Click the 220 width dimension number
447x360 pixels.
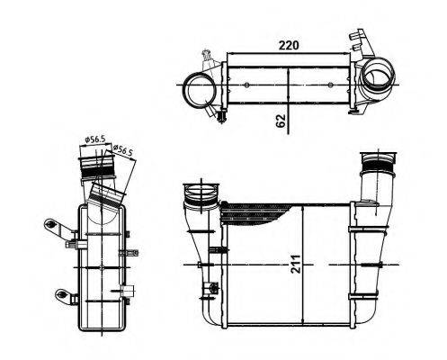click(x=287, y=44)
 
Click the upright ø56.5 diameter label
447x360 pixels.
click(x=94, y=139)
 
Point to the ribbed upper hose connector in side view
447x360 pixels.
click(x=94, y=167)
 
